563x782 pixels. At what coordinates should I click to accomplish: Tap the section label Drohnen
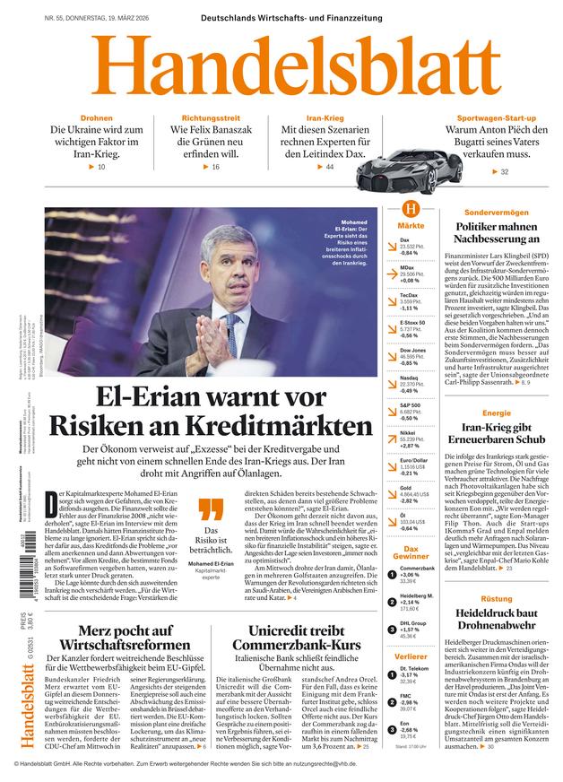96,118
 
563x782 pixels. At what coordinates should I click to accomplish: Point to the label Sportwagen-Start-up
496,118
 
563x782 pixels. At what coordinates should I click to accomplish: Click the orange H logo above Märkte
411,210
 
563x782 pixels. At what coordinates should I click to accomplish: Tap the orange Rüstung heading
496,597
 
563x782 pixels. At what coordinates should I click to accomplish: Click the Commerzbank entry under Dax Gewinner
416,573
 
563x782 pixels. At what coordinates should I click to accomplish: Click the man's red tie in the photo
231,323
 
